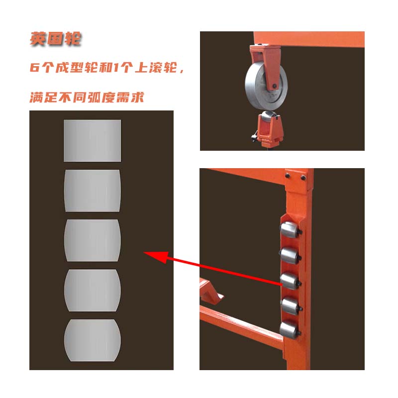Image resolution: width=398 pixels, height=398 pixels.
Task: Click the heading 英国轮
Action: click(x=55, y=39)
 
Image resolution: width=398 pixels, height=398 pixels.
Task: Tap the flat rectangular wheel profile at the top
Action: click(x=93, y=141)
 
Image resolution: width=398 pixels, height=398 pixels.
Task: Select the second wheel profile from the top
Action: click(x=93, y=191)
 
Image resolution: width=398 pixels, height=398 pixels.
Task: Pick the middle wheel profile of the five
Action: click(x=93, y=240)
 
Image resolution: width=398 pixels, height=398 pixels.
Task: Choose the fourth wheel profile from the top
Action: click(x=93, y=291)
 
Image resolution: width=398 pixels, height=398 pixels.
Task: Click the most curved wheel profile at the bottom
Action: click(x=93, y=340)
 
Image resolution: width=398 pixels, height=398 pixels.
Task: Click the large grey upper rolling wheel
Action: click(x=266, y=86)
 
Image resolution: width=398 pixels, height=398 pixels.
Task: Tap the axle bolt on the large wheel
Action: click(x=275, y=86)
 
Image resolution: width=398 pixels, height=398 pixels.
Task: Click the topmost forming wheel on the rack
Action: click(x=290, y=230)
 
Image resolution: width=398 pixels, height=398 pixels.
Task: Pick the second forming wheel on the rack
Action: click(x=290, y=256)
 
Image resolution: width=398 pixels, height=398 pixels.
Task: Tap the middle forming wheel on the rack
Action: click(x=290, y=281)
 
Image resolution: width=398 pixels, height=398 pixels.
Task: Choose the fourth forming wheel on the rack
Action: click(x=290, y=306)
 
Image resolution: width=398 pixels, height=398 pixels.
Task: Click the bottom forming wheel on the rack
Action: click(x=290, y=329)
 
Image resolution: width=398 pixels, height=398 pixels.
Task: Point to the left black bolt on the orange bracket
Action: click(x=288, y=176)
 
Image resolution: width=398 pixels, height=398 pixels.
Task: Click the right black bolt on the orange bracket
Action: click(x=303, y=178)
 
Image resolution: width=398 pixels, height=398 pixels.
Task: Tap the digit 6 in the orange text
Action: click(x=35, y=67)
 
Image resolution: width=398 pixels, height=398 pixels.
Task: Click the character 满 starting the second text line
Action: click(x=36, y=97)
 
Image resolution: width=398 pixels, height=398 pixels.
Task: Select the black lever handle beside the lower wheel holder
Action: click(x=255, y=136)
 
